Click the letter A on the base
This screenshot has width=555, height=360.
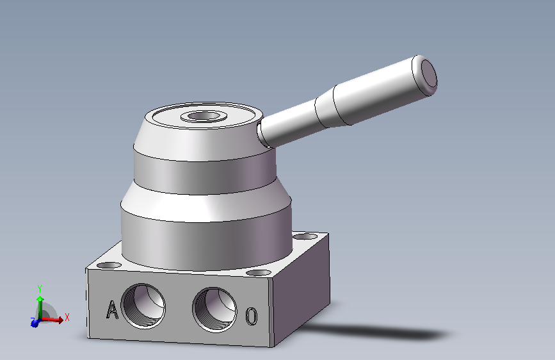pyautogui.click(x=112, y=309)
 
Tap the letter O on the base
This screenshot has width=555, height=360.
pyautogui.click(x=252, y=316)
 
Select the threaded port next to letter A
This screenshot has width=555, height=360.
pyautogui.click(x=143, y=306)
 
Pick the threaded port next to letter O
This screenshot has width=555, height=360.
pyautogui.click(x=215, y=309)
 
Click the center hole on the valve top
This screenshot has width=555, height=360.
pyautogui.click(x=204, y=116)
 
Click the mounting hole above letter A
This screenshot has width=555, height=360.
pyautogui.click(x=109, y=265)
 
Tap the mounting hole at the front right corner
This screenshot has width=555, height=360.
pyautogui.click(x=259, y=272)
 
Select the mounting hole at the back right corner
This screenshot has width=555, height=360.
pyautogui.click(x=305, y=236)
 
